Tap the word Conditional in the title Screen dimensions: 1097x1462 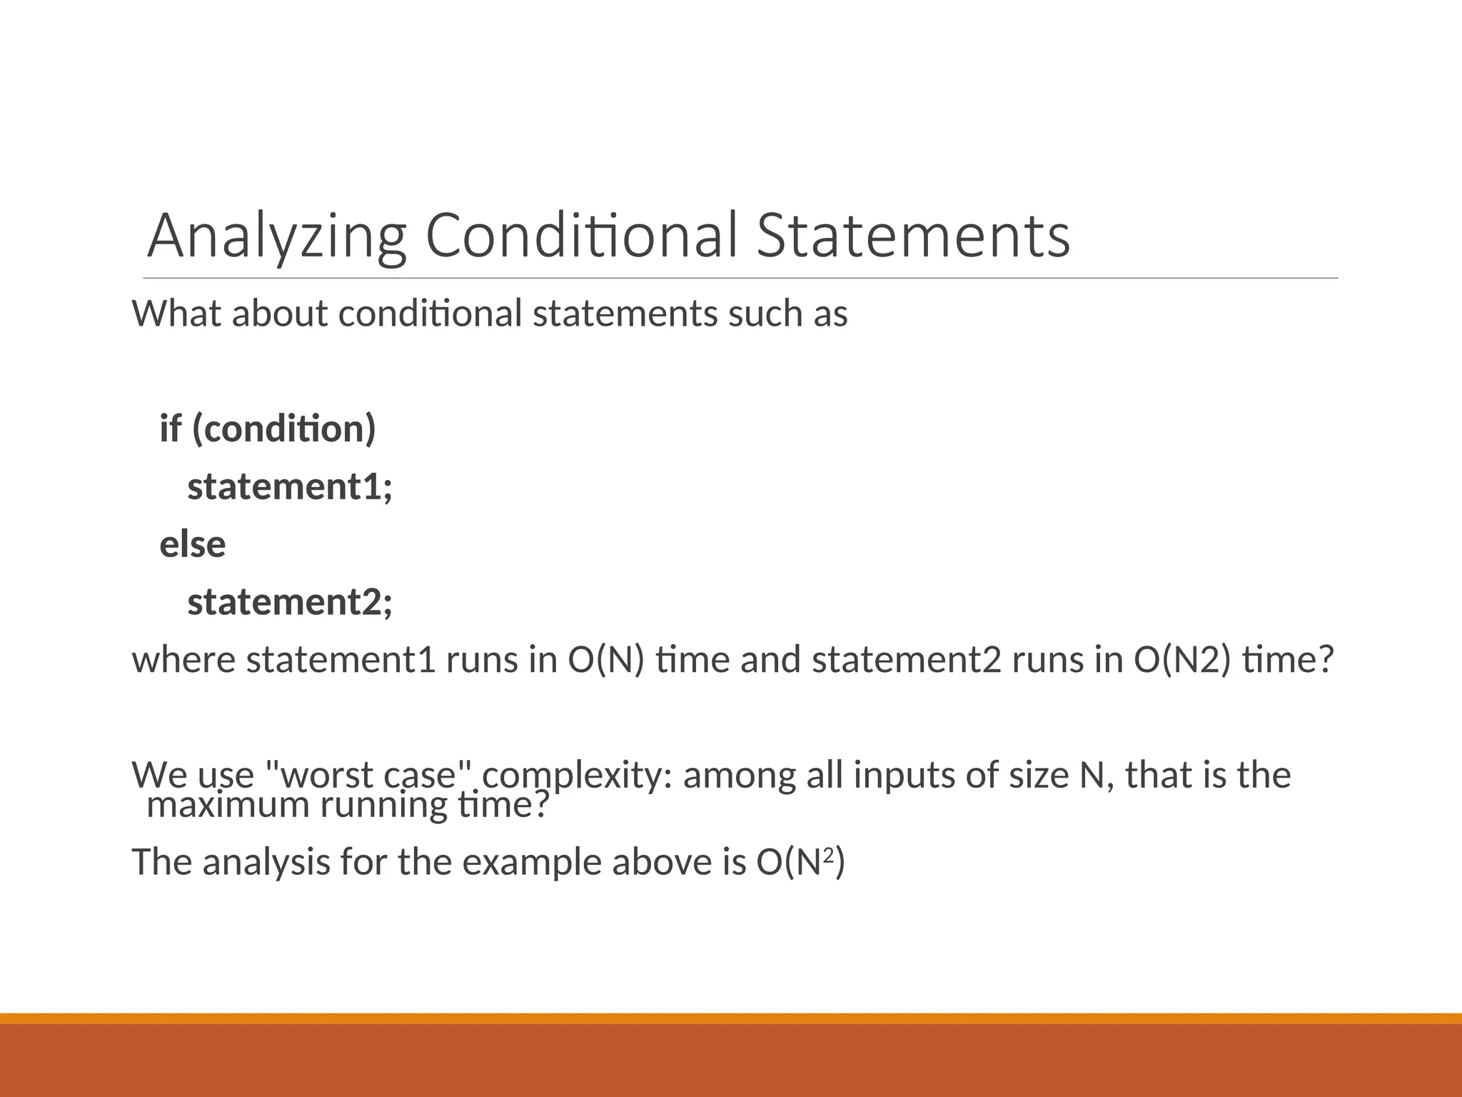coord(580,236)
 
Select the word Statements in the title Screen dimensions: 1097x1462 coord(913,236)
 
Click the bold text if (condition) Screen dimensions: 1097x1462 coord(268,429)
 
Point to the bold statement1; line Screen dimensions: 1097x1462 coord(290,487)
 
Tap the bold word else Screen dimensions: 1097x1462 coord(193,544)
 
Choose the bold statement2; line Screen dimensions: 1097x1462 coord(290,602)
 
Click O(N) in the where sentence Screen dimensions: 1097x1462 coord(606,659)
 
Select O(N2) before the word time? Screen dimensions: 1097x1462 coord(1182,659)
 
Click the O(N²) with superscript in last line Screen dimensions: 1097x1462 coord(800,862)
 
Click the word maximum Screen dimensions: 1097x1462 coord(228,806)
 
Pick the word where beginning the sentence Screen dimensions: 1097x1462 coord(183,659)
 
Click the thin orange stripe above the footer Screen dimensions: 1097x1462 coord(731,1018)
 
